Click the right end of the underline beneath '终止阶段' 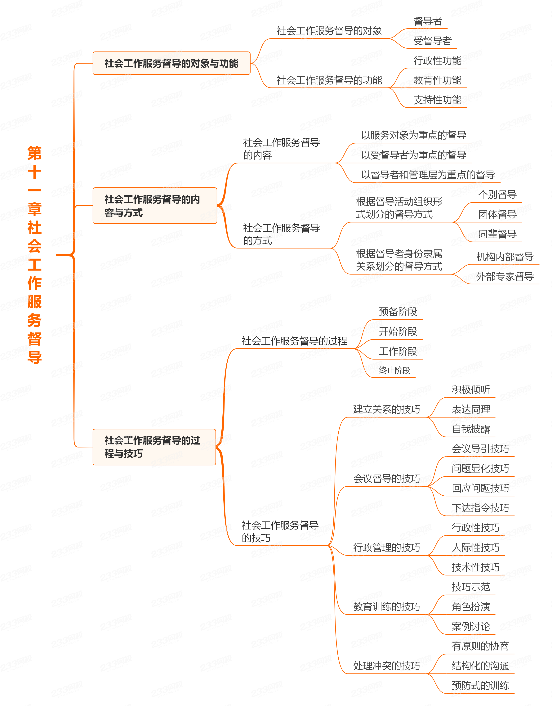[415, 377]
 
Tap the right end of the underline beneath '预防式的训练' [514, 693]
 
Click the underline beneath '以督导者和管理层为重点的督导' [427, 183]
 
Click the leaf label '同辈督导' [497, 234]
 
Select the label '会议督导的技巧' [386, 478]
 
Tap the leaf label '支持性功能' [437, 100]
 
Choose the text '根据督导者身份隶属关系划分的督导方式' [399, 260]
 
